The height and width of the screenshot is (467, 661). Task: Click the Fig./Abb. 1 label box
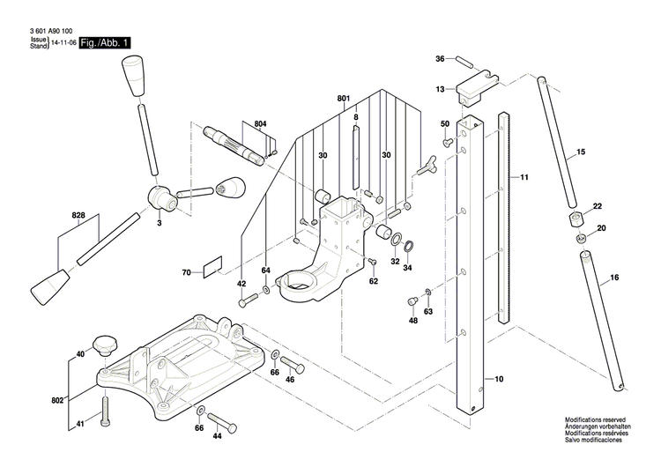(x=105, y=43)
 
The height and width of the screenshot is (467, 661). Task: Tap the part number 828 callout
(x=78, y=215)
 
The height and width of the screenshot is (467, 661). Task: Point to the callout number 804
(x=259, y=123)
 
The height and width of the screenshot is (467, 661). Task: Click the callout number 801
(x=343, y=98)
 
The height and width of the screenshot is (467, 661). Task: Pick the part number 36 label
(x=440, y=59)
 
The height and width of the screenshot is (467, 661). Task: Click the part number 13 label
(x=440, y=89)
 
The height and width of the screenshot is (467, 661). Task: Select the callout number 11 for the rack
(x=524, y=178)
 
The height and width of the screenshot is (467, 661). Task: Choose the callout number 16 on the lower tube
(x=613, y=278)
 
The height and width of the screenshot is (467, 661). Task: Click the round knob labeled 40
(x=107, y=343)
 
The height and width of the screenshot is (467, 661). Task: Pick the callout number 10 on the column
(x=498, y=379)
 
